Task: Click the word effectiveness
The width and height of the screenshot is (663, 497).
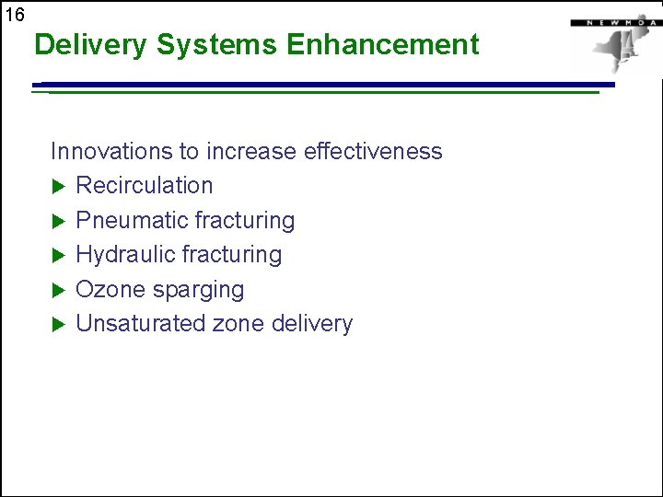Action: pyautogui.click(x=372, y=151)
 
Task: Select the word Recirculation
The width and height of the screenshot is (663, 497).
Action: pyautogui.click(x=144, y=185)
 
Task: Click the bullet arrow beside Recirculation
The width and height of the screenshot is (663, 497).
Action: pyautogui.click(x=57, y=186)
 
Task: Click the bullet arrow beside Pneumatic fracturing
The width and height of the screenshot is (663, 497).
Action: pyautogui.click(x=57, y=221)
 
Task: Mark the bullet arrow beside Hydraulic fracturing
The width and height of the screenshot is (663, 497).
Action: pyautogui.click(x=57, y=255)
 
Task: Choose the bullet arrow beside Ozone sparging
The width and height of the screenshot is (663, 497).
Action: pyautogui.click(x=57, y=290)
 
